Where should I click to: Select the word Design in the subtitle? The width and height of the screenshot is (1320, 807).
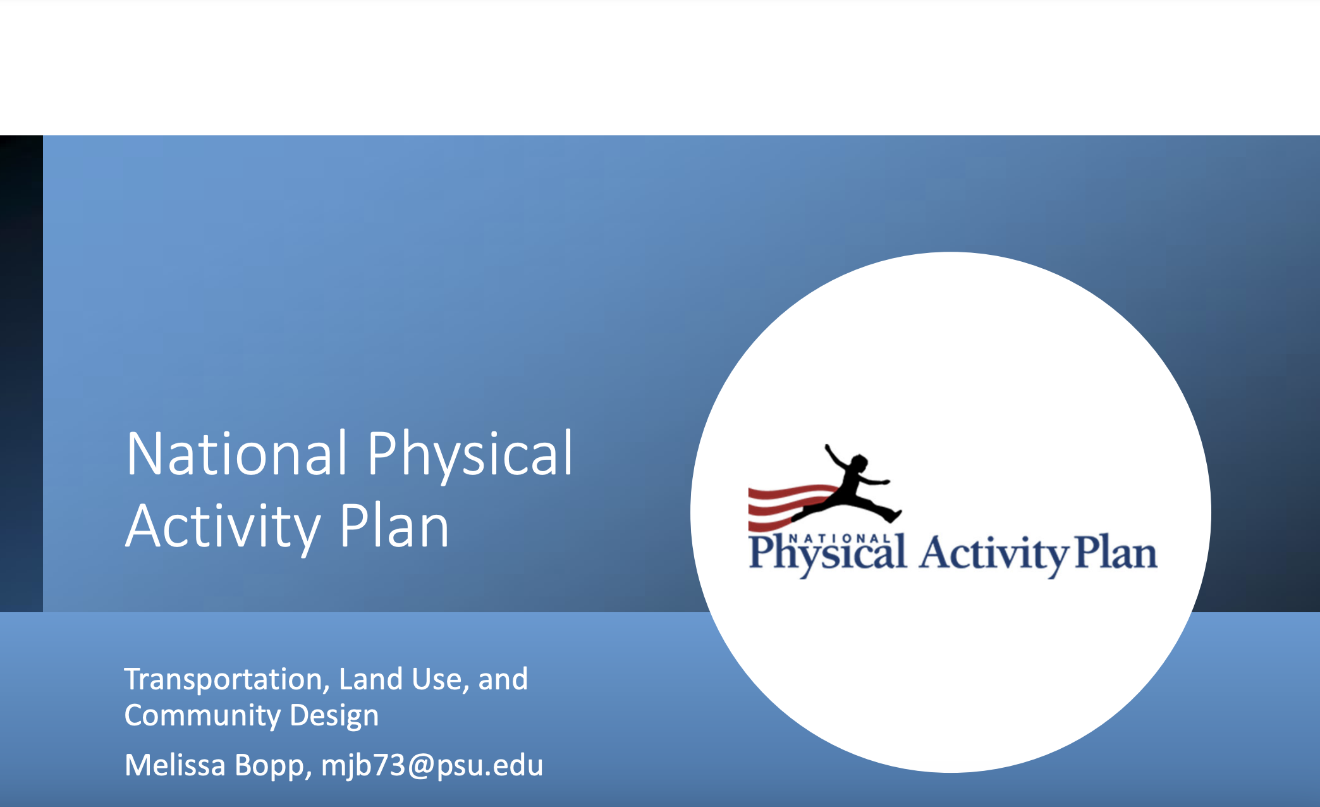(x=334, y=717)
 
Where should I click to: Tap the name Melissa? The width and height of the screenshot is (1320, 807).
(x=175, y=765)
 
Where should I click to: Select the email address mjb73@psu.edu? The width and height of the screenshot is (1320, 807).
(x=432, y=766)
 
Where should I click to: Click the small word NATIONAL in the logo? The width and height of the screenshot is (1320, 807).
(x=841, y=538)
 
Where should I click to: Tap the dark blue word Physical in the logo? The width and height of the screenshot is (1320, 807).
(x=828, y=555)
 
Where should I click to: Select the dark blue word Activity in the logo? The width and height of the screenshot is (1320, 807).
(x=993, y=555)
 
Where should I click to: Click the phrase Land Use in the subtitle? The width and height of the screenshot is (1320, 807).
(x=405, y=679)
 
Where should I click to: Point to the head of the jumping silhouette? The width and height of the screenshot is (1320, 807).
(x=858, y=464)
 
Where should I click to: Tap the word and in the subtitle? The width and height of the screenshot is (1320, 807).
(x=503, y=679)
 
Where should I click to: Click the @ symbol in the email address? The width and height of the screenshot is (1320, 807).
(x=420, y=766)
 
